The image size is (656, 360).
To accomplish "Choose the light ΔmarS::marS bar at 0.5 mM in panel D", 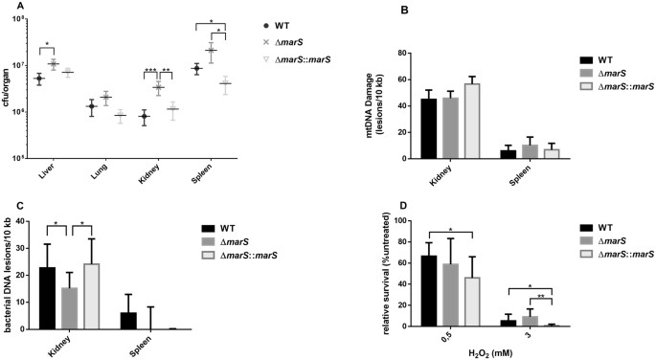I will click(x=470, y=302).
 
